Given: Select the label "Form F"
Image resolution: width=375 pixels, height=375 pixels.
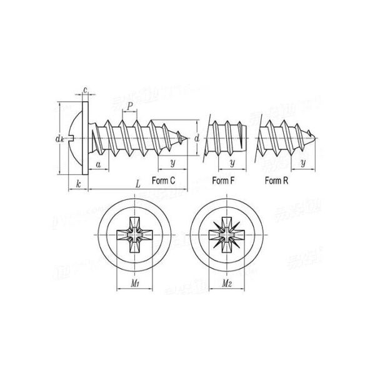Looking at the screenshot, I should pyautogui.click(x=223, y=181).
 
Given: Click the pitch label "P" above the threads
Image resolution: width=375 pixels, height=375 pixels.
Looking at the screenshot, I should pyautogui.click(x=129, y=107).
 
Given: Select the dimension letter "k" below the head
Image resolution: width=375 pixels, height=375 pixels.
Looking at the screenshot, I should pyautogui.click(x=77, y=182).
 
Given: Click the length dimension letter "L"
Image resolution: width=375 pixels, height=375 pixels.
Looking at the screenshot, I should pyautogui.click(x=137, y=182).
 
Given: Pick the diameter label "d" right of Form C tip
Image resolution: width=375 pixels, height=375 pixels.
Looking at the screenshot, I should pyautogui.click(x=197, y=137).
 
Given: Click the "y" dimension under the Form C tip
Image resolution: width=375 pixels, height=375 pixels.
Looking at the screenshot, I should pyautogui.click(x=172, y=163).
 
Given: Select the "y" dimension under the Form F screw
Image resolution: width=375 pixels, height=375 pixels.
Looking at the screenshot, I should pyautogui.click(x=232, y=163).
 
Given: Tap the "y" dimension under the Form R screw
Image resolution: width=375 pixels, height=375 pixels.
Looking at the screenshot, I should pyautogui.click(x=302, y=163).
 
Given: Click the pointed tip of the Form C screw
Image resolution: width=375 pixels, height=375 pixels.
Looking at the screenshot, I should pyautogui.click(x=187, y=137).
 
